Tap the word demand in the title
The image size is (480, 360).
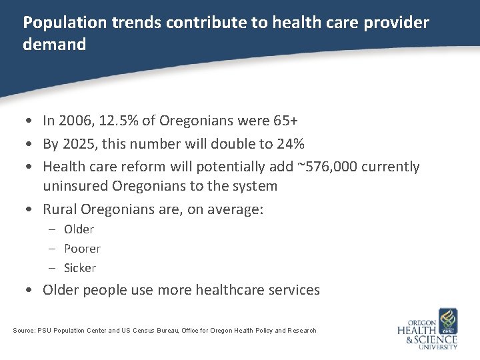(55, 45)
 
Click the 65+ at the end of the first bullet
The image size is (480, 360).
(285, 121)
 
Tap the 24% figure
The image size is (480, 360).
(291, 143)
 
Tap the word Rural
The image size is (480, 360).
(60, 209)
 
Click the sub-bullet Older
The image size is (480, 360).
(79, 229)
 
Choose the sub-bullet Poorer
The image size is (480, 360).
(82, 249)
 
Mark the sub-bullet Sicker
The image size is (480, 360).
(80, 268)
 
